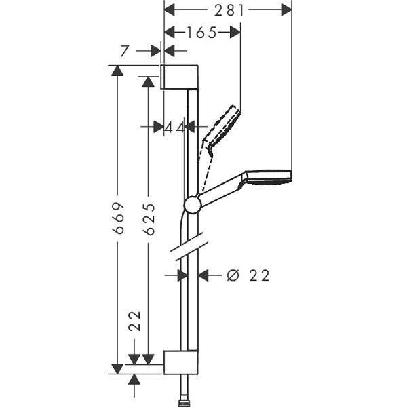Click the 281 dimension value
[229, 11]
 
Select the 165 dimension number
[201, 33]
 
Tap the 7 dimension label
[125, 51]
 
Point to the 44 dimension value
[175, 128]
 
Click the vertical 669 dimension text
[119, 218]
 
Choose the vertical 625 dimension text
[150, 219]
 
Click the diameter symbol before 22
[233, 275]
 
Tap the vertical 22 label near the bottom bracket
[135, 321]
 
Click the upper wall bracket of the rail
[179, 77]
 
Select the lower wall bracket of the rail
[180, 363]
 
